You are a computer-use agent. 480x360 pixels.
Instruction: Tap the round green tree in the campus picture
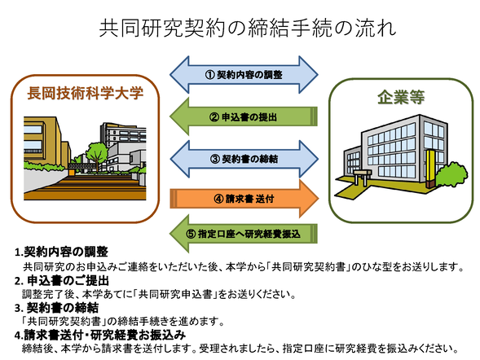95,152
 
